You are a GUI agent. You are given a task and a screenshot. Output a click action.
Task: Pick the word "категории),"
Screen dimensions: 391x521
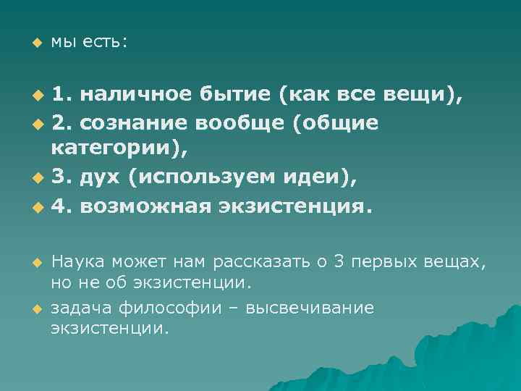click(x=119, y=151)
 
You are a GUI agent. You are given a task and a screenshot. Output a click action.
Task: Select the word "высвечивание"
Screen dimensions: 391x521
click(x=310, y=308)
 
